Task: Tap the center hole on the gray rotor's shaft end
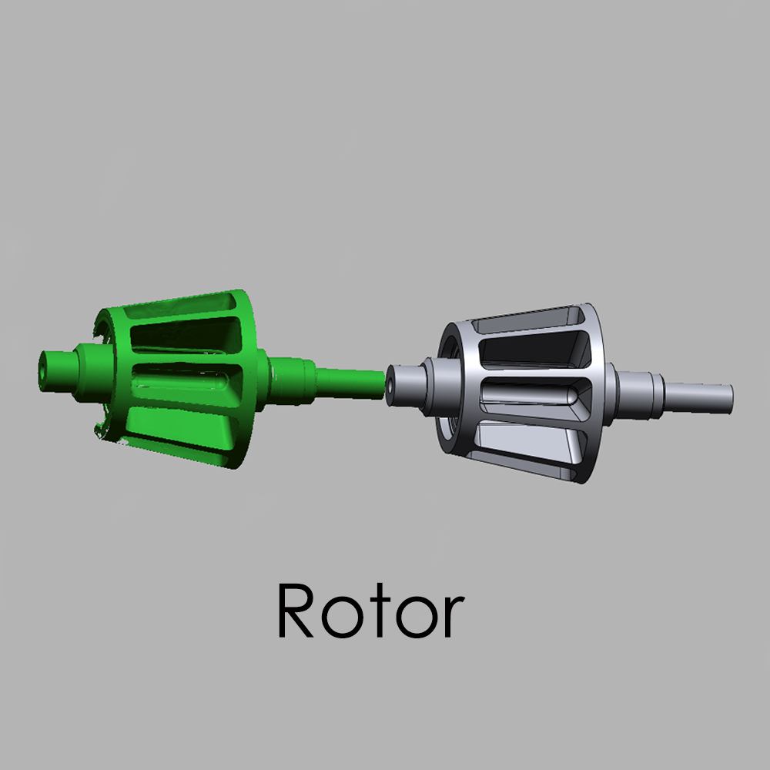[x=390, y=386]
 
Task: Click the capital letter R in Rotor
[x=296, y=611]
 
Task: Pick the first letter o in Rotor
[x=343, y=618]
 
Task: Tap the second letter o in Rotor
[x=417, y=618]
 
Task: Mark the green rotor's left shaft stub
[x=58, y=372]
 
